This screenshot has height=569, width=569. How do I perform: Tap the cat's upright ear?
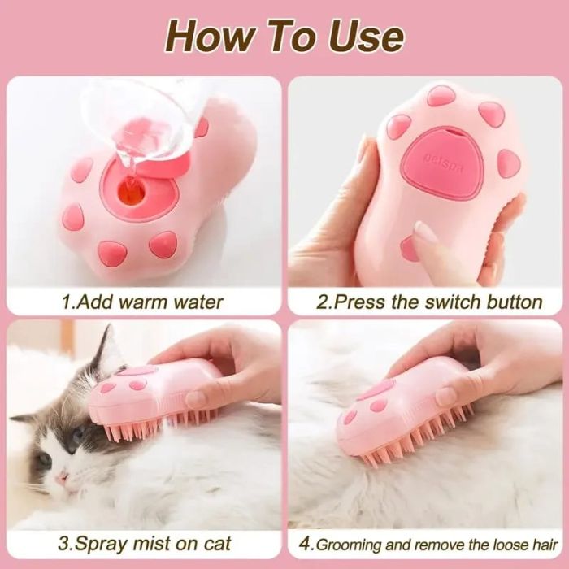pos(103,347)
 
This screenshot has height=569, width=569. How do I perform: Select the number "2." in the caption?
pos(324,302)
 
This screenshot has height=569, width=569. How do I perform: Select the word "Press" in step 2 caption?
pos(360,302)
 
